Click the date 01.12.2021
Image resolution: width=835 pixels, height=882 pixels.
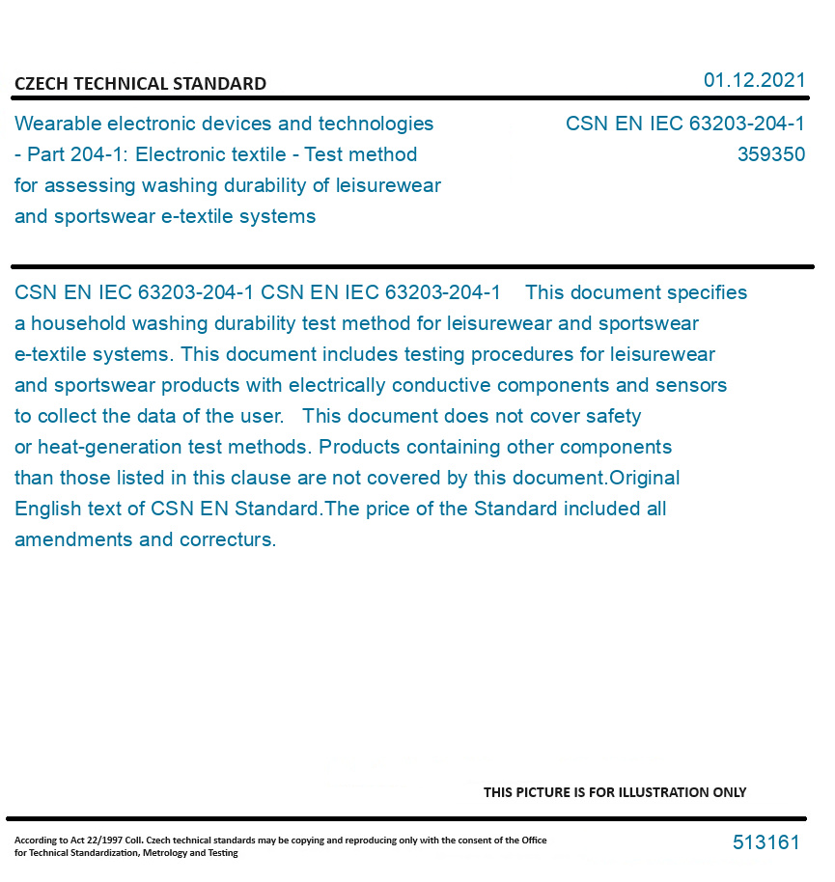754,80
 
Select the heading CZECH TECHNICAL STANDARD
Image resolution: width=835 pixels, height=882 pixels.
140,84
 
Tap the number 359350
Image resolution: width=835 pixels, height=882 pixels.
770,154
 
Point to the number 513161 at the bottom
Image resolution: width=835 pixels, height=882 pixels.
765,842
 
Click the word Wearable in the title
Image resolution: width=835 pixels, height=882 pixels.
56,124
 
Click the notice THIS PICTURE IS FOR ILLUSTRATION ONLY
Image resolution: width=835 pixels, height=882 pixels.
615,792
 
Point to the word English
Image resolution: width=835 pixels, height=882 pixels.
45,509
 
